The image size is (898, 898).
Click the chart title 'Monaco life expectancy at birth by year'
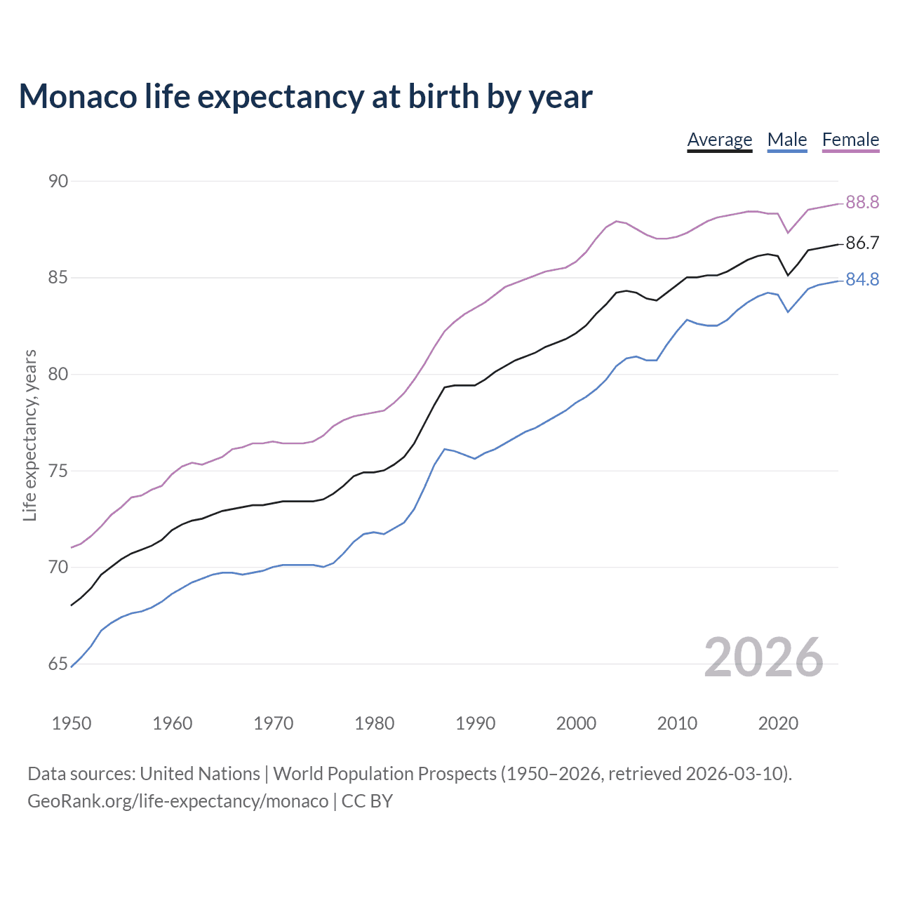point(305,96)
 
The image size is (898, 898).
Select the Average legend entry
point(719,140)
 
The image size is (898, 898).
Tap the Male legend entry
point(787,140)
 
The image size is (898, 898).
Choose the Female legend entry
point(850,140)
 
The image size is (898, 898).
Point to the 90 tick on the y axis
point(58,181)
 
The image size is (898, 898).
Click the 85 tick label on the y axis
point(58,278)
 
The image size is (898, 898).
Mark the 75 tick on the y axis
point(58,471)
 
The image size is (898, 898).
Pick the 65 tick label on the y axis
point(58,664)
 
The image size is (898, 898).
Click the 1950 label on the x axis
point(72,723)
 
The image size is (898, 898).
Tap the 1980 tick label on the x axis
point(374,723)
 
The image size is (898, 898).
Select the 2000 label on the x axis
point(576,723)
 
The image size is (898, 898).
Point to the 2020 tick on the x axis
point(778,723)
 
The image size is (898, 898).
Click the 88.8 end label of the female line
point(862,202)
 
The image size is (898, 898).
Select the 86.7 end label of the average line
point(862,243)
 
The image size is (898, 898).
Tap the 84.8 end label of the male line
point(862,279)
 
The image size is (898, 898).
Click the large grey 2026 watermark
point(763,657)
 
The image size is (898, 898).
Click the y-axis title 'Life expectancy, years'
point(30,436)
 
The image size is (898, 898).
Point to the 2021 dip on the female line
point(788,232)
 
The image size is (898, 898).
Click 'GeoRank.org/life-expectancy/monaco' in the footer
point(177,801)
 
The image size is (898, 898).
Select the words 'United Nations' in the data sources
point(200,774)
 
